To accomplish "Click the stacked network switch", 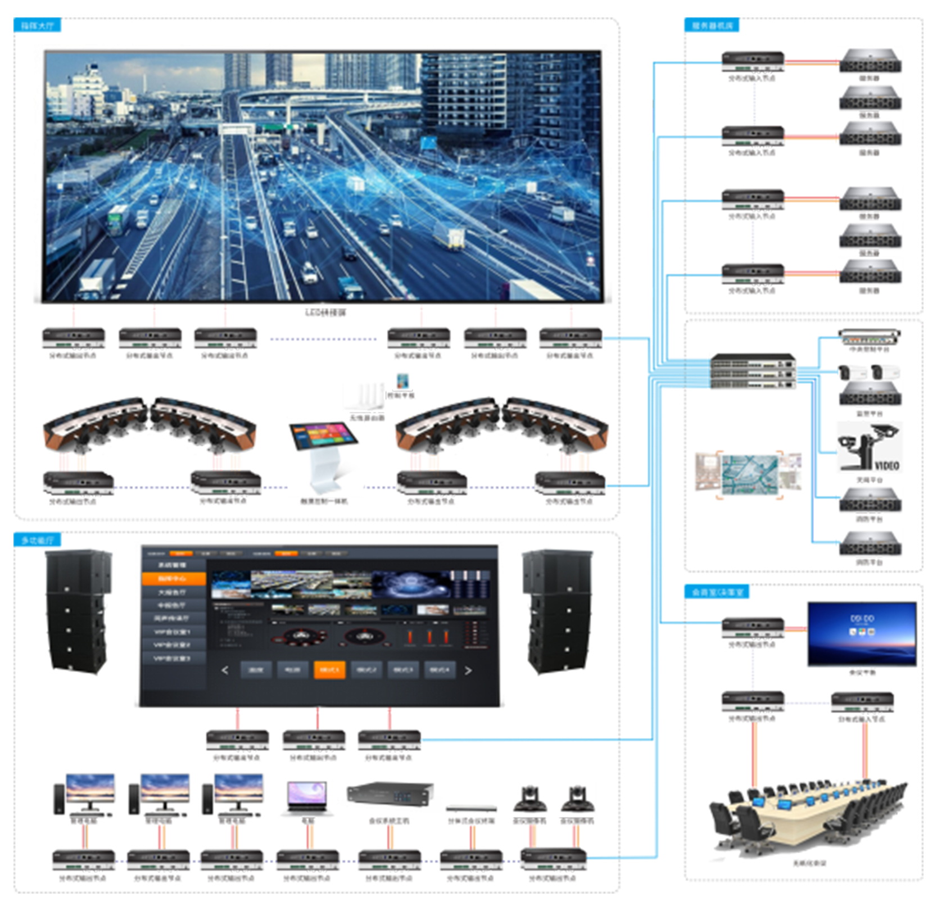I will coord(753,371).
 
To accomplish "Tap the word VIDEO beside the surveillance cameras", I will coord(887,465).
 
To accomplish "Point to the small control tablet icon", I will coord(402,382).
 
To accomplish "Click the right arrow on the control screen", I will coord(468,670).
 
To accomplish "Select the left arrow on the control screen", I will coord(225,670).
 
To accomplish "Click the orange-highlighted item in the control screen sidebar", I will coord(173,578).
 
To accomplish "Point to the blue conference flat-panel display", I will coord(862,634).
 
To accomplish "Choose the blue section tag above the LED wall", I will coord(37,25).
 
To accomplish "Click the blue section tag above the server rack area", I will coord(712,25).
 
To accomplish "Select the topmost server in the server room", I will coord(870,61).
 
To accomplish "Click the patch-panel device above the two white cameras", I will coord(869,337).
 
